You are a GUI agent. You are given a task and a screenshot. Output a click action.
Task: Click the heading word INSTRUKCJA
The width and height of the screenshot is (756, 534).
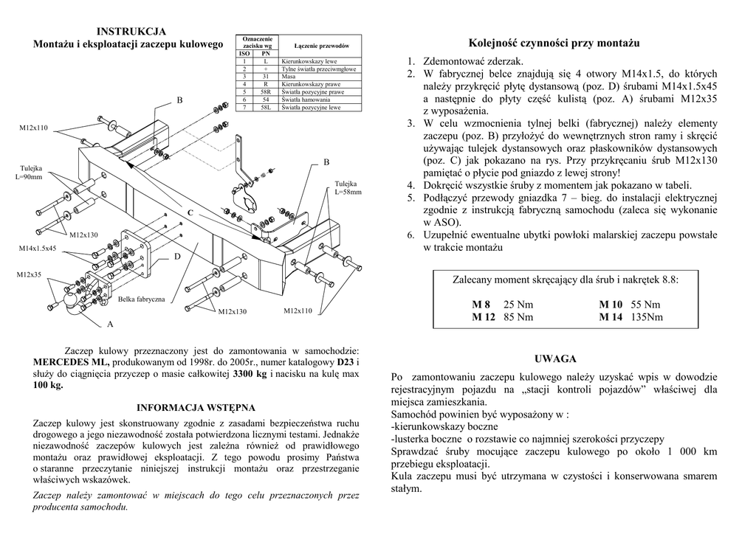[131, 31]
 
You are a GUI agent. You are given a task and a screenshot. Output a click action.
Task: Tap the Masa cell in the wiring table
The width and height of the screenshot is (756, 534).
[288, 77]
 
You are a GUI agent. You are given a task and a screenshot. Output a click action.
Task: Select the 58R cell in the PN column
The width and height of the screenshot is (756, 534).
[264, 92]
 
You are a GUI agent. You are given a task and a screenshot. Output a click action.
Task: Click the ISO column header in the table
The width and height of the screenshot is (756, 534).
[244, 54]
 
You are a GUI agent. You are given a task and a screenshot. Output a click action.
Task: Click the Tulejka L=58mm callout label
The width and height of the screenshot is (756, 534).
[348, 187]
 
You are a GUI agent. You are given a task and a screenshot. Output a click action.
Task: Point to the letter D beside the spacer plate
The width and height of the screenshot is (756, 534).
[177, 256]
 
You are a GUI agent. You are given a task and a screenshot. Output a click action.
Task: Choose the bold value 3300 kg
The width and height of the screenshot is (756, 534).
[250, 374]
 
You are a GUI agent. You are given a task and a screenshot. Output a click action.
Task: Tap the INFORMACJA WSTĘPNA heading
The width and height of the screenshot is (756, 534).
[196, 407]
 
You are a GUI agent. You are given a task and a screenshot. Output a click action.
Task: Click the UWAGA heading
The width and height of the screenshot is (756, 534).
[554, 359]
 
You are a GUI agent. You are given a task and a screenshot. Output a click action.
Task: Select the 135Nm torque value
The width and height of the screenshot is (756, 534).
[647, 317]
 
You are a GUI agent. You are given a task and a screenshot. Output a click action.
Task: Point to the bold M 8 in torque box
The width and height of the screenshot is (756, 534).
[481, 305]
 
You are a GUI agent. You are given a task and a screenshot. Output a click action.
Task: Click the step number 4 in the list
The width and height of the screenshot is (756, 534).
[410, 185]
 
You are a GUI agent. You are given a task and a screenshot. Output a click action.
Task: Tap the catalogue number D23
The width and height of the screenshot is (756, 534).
[346, 362]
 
